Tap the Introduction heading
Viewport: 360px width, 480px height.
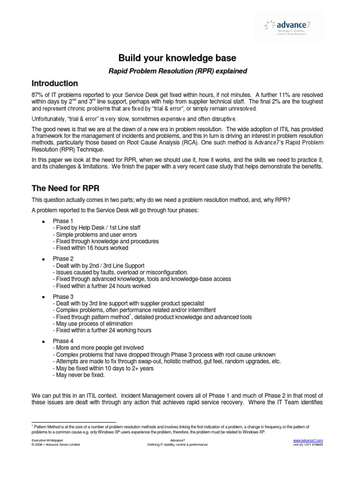(54, 83)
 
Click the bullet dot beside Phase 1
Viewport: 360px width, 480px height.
(43, 221)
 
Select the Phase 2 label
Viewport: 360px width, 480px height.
(63, 258)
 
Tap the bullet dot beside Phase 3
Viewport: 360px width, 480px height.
(43, 297)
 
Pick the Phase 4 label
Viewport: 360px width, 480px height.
(63, 341)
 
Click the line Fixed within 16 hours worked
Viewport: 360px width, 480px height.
(90, 248)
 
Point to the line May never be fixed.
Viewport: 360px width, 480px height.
(79, 375)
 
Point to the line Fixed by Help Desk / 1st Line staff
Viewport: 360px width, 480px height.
(97, 228)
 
